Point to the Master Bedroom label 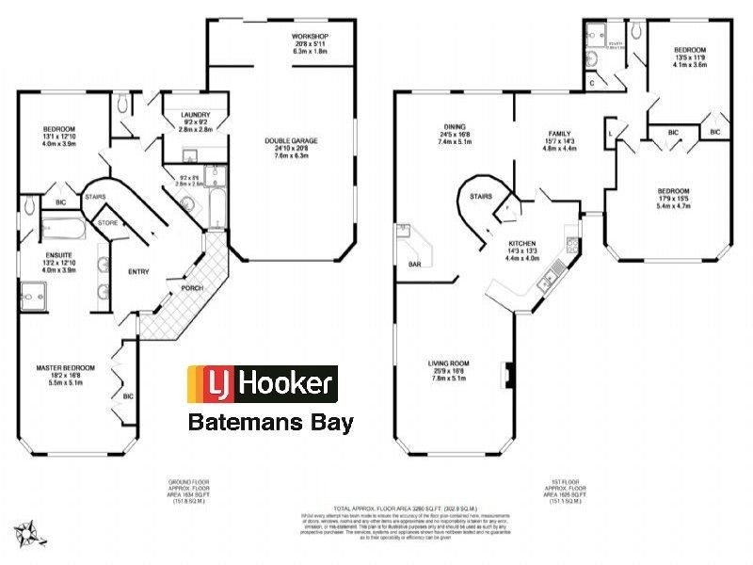point(62,366)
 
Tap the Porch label point(192,288)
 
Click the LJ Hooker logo point(263,383)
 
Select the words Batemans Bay point(271,421)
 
